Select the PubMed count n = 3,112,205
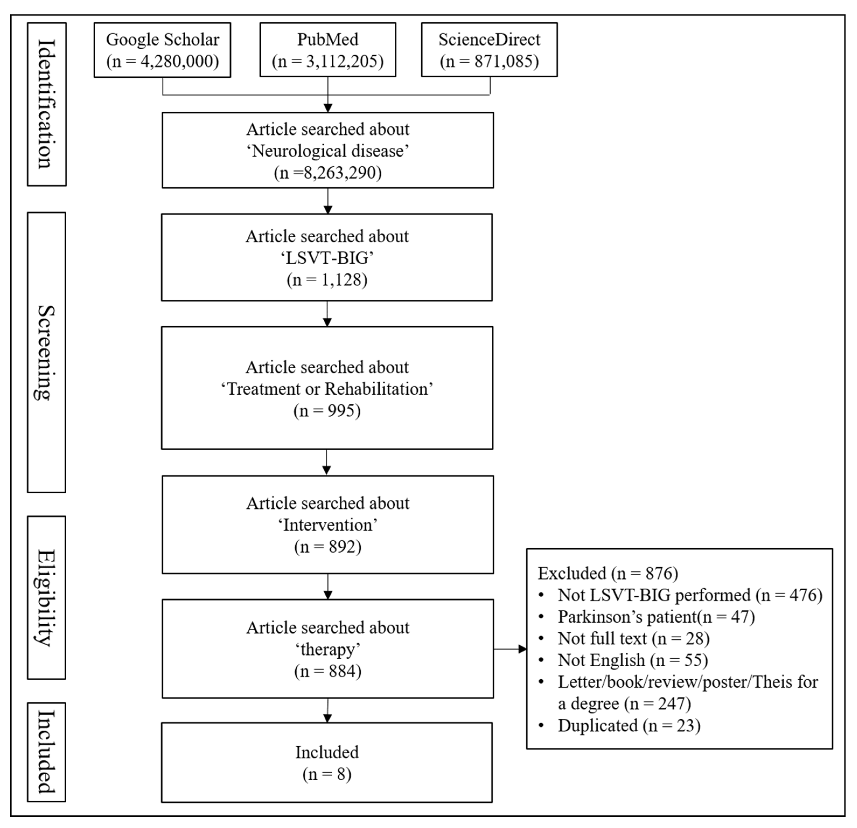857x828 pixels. click(327, 61)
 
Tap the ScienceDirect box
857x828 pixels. click(489, 50)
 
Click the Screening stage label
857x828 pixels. click(46, 352)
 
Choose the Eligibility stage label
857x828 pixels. click(46, 597)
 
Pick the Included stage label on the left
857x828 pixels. click(46, 752)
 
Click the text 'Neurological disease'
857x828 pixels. click(327, 151)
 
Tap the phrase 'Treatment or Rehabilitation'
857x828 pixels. click(327, 389)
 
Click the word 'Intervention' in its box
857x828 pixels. click(327, 525)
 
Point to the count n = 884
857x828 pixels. click(327, 671)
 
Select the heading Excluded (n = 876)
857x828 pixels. click(608, 573)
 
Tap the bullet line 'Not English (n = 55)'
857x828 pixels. click(632, 660)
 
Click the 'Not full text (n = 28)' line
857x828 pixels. click(633, 639)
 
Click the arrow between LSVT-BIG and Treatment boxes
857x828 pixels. click(327, 314)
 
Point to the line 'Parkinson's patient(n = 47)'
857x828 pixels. click(656, 617)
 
